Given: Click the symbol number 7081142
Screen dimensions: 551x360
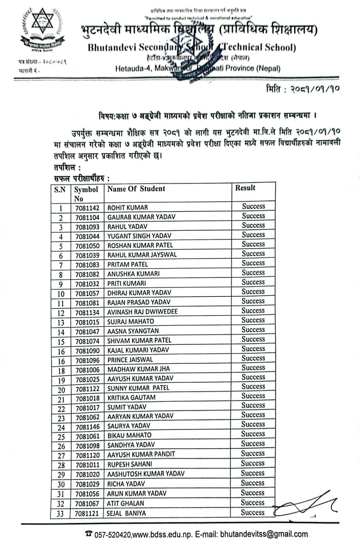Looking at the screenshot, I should [x=87, y=208].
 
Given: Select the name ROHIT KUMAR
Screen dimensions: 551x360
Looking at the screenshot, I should [x=128, y=208].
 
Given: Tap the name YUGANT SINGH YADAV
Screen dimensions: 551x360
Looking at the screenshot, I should [x=139, y=236].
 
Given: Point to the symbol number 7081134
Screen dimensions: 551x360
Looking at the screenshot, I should [x=87, y=312].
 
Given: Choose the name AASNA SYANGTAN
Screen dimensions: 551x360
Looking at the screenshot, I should [x=133, y=331].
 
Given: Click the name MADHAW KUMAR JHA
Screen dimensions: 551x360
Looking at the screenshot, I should [x=139, y=369].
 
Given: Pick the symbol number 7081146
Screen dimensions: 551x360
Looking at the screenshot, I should [x=87, y=427].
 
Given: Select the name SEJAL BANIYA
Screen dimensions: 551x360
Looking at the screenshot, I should [x=126, y=513].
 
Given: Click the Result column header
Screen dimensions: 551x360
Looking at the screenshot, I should [x=245, y=188].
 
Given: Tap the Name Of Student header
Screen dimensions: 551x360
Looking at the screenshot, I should [x=136, y=189].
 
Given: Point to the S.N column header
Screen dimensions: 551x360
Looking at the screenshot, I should [x=60, y=189].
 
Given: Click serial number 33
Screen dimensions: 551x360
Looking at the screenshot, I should [x=60, y=514].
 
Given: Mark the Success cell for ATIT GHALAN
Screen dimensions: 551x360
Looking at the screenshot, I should [x=253, y=503].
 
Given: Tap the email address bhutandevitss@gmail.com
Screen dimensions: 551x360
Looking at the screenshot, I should [x=264, y=534].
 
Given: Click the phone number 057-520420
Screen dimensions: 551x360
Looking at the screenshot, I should [x=113, y=535].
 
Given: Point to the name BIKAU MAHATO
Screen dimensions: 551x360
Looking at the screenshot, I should [x=129, y=435].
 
